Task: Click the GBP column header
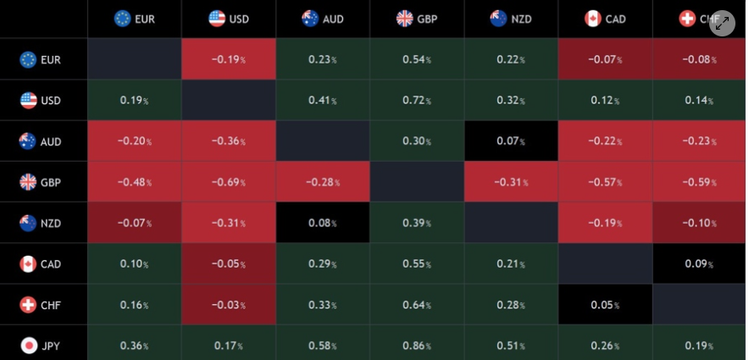point(416,19)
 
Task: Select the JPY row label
point(42,346)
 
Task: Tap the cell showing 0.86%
point(416,346)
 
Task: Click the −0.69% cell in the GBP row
point(229,182)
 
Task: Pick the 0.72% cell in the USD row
point(416,100)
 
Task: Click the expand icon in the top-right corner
point(722,24)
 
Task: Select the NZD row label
point(42,223)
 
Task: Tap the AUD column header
point(323,19)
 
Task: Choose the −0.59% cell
point(699,182)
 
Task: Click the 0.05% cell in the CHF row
point(604,305)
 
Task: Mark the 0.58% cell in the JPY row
point(323,346)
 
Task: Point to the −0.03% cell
point(229,305)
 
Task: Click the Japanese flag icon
point(29,346)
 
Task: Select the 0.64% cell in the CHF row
point(416,305)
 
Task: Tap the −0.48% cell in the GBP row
point(135,182)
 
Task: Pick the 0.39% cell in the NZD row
point(416,223)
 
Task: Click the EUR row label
point(42,59)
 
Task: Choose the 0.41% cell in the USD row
point(323,100)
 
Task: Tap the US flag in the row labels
point(29,100)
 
